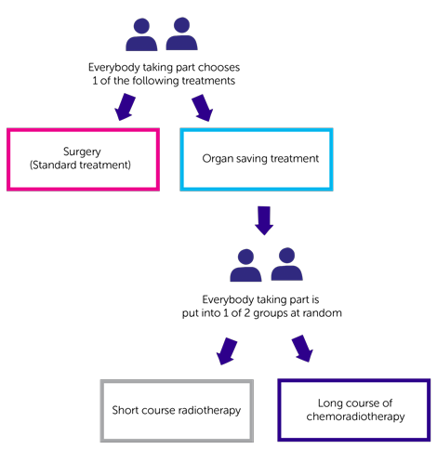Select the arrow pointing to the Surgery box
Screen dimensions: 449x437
click(126, 106)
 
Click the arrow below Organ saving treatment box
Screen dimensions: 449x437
click(264, 219)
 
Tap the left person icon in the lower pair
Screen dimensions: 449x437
click(246, 266)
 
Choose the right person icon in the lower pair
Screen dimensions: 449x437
click(286, 266)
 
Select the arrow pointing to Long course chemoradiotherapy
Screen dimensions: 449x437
click(300, 349)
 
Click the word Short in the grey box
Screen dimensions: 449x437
click(127, 410)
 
